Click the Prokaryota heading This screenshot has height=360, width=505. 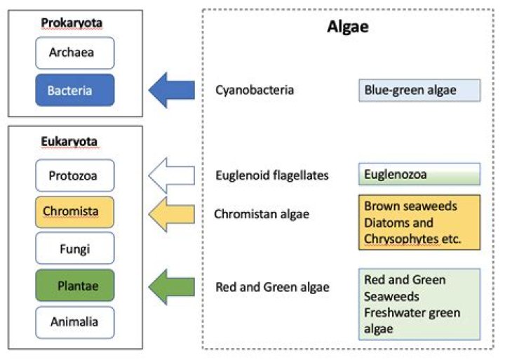click(x=72, y=23)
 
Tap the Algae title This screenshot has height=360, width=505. click(x=348, y=27)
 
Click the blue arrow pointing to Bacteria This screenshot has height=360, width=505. click(x=172, y=90)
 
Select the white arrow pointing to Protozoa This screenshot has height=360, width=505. click(x=172, y=175)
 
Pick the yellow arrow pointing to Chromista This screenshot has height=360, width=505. click(x=172, y=213)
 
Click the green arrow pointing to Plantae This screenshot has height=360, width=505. click(x=172, y=286)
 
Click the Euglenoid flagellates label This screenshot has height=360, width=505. click(x=272, y=175)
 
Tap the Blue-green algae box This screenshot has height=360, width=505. click(x=419, y=91)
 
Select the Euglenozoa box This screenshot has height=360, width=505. click(x=419, y=174)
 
